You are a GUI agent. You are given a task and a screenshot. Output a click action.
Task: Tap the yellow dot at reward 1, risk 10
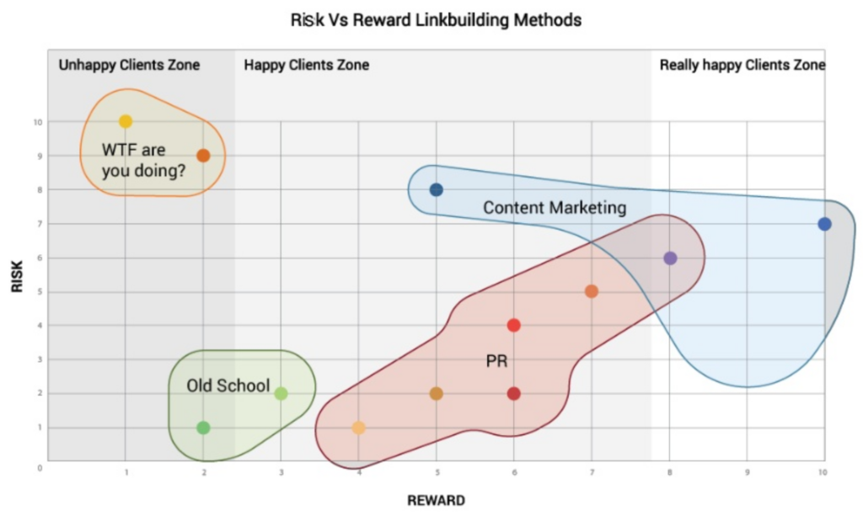[126, 122]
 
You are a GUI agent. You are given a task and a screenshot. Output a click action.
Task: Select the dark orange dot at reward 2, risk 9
[203, 156]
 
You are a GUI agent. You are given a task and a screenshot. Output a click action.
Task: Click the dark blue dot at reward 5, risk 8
[436, 190]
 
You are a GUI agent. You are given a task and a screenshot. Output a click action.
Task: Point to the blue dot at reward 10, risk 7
[824, 224]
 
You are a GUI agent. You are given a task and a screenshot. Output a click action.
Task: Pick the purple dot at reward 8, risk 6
[670, 258]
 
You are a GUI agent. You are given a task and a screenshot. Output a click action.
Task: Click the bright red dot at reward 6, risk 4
[514, 326]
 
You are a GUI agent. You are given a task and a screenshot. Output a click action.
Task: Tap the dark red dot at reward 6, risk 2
[514, 393]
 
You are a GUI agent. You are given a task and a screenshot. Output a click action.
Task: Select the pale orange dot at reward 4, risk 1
[358, 428]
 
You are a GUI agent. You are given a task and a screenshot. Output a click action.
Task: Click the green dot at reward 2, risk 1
[203, 428]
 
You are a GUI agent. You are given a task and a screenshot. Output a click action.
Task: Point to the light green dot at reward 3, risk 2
[281, 393]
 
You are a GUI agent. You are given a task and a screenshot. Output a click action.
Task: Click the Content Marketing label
[555, 207]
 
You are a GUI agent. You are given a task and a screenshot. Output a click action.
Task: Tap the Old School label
[228, 386]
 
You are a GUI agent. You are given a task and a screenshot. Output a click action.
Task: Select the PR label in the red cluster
[496, 361]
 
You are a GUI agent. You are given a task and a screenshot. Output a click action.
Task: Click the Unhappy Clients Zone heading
[129, 65]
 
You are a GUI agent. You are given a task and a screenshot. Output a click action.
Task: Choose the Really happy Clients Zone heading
[742, 65]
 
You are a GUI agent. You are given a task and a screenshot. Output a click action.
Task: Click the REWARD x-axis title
[436, 500]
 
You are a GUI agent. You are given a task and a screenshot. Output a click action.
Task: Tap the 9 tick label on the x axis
[747, 473]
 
